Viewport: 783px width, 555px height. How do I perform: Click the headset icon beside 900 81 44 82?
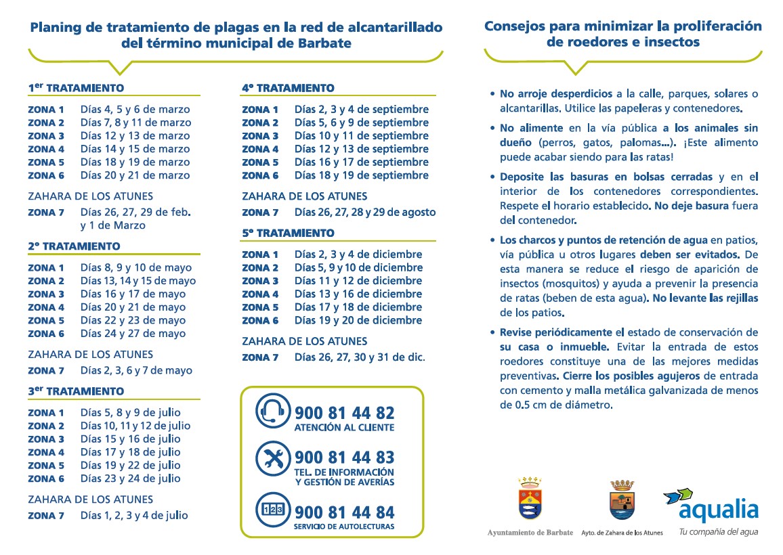272,411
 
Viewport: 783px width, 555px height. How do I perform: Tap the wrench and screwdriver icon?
272,459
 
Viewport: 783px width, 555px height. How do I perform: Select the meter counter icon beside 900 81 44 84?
272,509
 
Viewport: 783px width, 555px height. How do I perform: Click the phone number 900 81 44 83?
344,458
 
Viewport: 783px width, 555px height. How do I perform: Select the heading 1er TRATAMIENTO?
76,88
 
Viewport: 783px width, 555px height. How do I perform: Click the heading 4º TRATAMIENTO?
288,88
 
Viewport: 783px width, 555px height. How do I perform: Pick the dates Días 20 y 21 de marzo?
135,175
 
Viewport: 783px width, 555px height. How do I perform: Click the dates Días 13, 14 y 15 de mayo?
137,281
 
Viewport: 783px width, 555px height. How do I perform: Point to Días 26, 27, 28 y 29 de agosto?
364,212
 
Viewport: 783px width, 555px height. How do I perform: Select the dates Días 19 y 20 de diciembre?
358,320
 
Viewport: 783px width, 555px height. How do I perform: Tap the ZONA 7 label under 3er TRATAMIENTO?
46,516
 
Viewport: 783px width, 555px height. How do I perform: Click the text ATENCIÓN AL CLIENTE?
344,428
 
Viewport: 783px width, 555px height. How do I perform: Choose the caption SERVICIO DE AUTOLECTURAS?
344,527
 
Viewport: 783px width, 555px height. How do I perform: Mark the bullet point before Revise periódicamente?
492,332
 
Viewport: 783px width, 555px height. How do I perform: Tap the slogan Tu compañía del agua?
718,532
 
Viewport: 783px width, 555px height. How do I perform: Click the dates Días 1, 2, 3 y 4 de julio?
134,515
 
